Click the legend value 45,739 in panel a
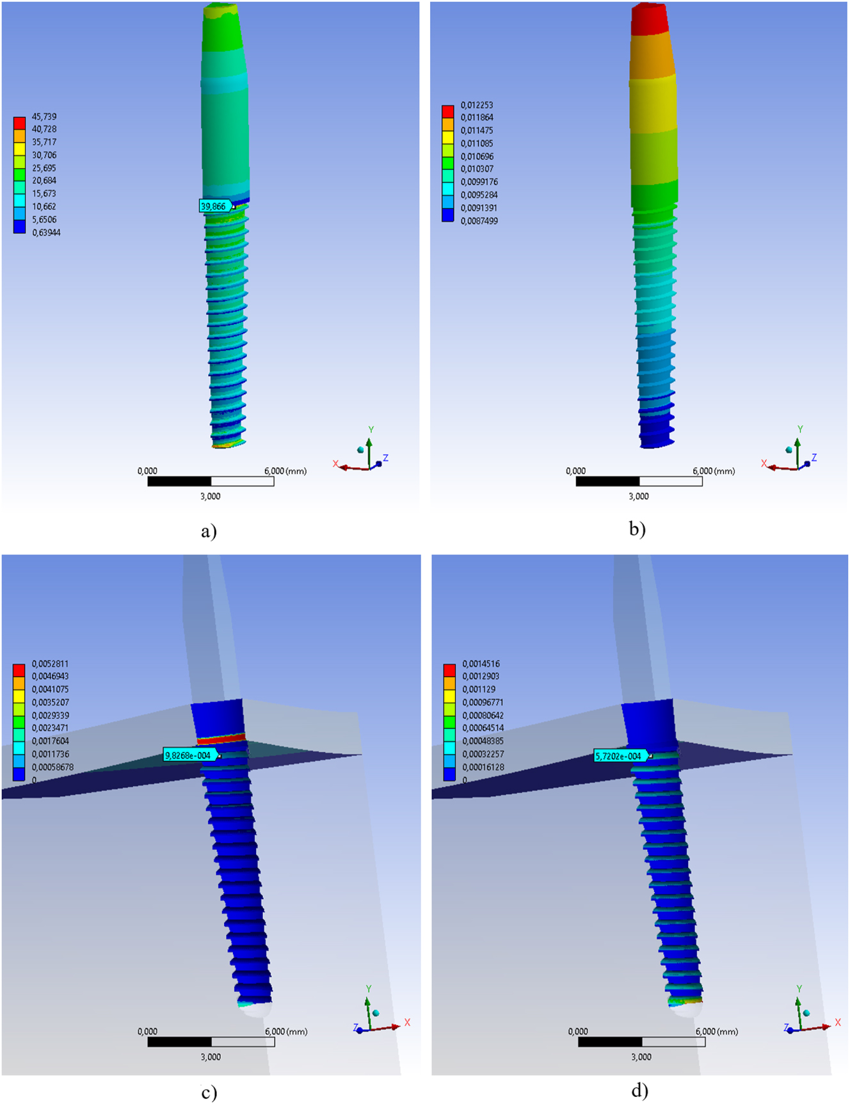44,116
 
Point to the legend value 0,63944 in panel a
46,232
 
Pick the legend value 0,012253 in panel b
477,105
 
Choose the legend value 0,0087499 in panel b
479,221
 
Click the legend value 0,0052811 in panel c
50,664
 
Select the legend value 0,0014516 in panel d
480,664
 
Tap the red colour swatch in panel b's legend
448,111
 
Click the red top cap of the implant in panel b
649,19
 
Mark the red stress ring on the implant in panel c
221,739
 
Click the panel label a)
209,531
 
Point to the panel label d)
639,1090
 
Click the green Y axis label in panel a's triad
371,429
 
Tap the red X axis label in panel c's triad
407,1022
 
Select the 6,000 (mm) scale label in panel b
714,471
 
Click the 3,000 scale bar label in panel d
641,1057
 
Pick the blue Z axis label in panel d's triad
787,1027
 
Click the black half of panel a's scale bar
179,481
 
